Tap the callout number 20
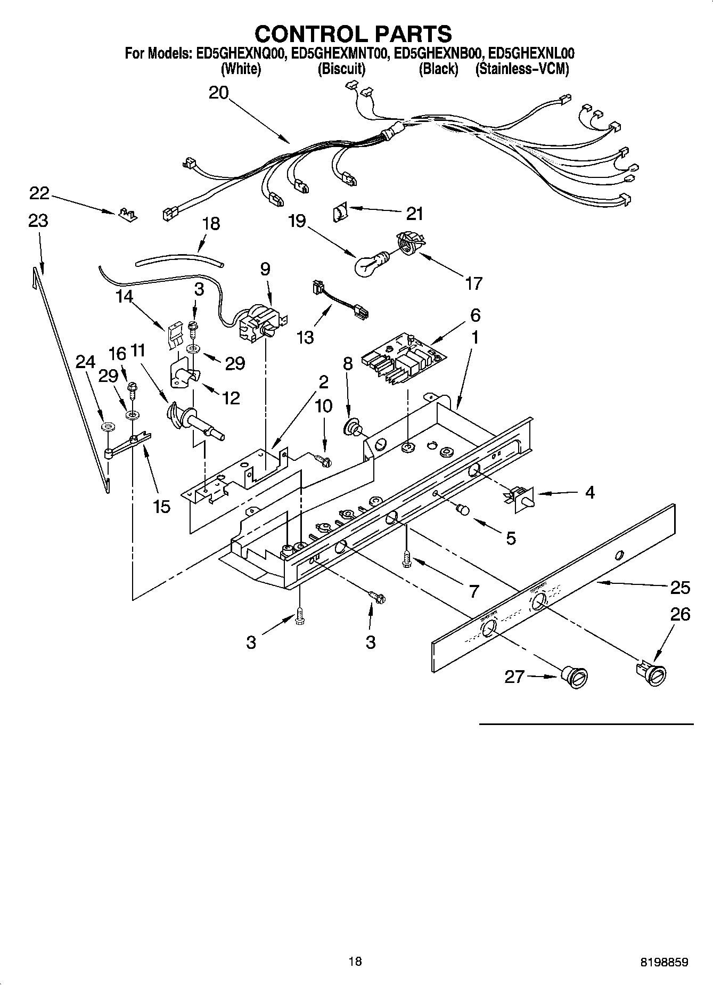click(x=218, y=93)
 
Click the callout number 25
click(x=680, y=587)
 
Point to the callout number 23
click(x=38, y=221)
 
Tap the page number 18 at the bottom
click(x=355, y=961)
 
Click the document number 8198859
click(x=664, y=962)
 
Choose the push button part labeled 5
click(x=463, y=510)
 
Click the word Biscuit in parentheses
click(x=341, y=69)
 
